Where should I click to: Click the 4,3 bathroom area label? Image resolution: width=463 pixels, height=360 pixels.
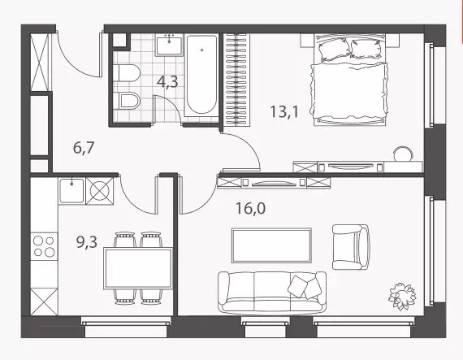pos(167,81)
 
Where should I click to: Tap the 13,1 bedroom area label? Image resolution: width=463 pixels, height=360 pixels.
pos(284,111)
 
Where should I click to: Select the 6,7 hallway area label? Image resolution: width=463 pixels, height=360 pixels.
pos(84,147)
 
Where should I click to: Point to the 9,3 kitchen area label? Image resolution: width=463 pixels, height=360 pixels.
pos(87,242)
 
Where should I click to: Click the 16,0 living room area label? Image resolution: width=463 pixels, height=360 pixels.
pos(251,208)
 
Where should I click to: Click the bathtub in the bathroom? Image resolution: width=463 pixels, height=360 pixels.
pos(201,75)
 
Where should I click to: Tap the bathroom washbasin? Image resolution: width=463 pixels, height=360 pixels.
pos(169,45)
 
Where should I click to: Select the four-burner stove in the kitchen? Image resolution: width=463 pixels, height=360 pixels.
pos(44,246)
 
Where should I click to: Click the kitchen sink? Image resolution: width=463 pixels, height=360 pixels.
pos(71,191)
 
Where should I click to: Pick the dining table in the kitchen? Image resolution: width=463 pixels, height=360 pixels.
pos(138,268)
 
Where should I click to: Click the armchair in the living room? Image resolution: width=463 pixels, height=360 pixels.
pos(351,247)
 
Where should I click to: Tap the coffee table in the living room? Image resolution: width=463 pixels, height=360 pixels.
pos(271,245)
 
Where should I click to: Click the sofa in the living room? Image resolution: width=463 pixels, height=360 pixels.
pos(272,293)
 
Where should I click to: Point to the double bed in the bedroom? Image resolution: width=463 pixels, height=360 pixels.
pos(350,80)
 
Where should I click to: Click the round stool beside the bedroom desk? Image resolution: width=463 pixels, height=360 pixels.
pos(402,154)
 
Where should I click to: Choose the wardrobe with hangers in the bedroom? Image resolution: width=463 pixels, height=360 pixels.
pos(236,80)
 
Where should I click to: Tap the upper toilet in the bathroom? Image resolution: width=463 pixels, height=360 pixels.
pos(127,72)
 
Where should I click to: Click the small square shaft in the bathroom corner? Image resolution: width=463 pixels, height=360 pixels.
pos(119,41)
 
